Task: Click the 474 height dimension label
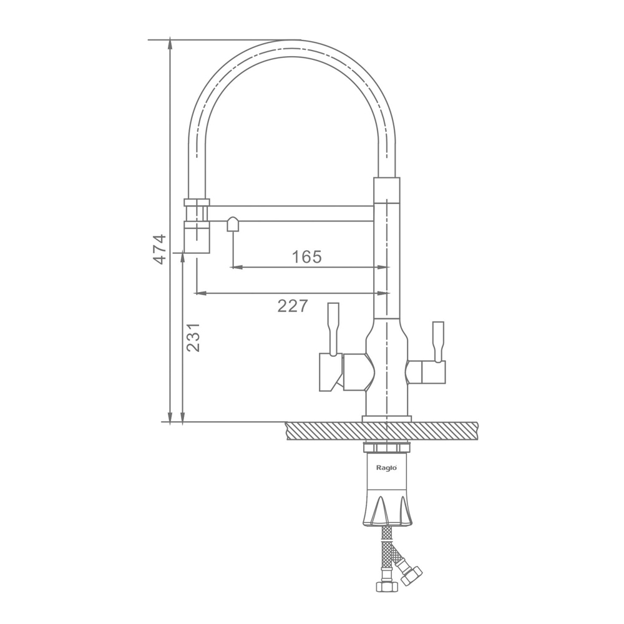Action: [160, 250]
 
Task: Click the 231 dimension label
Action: [193, 338]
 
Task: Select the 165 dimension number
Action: [306, 256]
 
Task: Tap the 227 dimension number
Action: [293, 306]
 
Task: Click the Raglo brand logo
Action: [386, 468]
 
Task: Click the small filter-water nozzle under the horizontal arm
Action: [233, 224]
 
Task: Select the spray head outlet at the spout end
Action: [197, 238]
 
